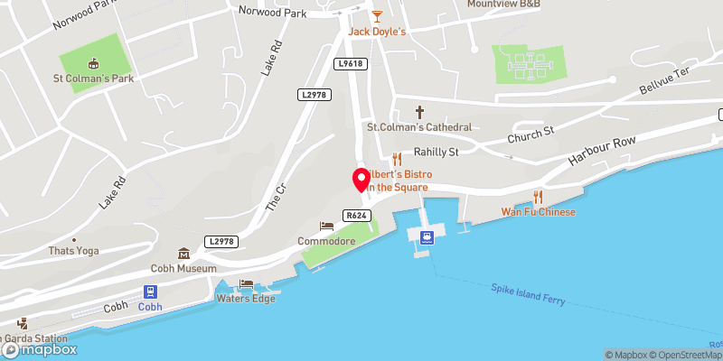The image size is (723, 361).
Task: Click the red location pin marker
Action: coord(360,179)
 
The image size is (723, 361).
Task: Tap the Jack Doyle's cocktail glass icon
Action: coord(378,16)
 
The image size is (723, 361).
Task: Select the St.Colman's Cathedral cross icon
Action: coord(419,112)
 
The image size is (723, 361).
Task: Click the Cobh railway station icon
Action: coord(151,292)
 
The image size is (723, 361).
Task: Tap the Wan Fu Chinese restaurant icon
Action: coord(539,197)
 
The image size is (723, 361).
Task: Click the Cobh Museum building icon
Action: coord(184,254)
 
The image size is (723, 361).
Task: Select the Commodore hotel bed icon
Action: coord(326,227)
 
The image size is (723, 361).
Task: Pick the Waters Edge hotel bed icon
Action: coord(246,283)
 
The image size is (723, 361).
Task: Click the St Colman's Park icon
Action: coord(92,63)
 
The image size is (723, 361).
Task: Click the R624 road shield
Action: coord(355,215)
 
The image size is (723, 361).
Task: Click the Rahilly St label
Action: coord(437,152)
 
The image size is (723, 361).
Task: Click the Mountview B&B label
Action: coord(503,4)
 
